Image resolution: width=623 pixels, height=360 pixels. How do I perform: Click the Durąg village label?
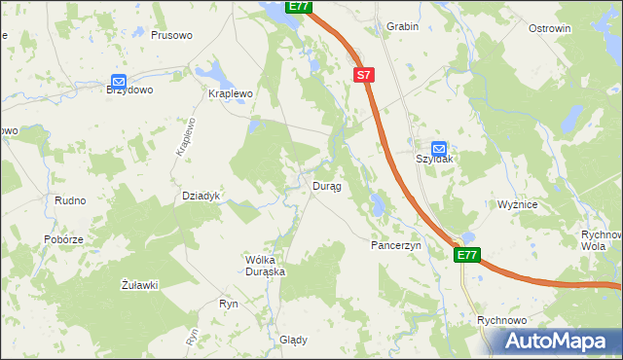tap(326, 186)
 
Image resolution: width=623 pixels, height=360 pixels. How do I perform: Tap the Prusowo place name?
tap(171, 35)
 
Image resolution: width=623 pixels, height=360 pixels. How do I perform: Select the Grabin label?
tap(402, 27)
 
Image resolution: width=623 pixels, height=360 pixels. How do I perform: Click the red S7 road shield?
tap(363, 74)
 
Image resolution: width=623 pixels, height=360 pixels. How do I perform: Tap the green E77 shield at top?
tap(299, 7)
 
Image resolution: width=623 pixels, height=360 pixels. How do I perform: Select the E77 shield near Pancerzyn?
tap(467, 255)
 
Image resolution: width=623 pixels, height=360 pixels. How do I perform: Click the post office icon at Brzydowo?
tap(119, 82)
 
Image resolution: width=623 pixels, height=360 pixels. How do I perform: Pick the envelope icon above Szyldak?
tap(439, 148)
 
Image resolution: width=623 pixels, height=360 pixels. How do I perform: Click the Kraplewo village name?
tap(231, 93)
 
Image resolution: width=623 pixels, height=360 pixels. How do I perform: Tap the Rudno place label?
tap(70, 200)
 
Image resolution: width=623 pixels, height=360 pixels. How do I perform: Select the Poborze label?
tap(63, 239)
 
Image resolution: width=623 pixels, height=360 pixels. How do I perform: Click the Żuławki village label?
tap(139, 284)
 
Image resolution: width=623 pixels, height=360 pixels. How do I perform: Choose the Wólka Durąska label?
tap(265, 266)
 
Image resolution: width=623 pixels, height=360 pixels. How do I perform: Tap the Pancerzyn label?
tap(395, 246)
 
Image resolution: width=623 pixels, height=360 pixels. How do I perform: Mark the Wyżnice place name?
tap(518, 205)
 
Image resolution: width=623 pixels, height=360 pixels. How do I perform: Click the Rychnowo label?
tap(502, 320)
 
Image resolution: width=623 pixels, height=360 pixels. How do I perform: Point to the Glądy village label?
tap(293, 340)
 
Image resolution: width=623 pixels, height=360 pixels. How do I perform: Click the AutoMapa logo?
tap(561, 341)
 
